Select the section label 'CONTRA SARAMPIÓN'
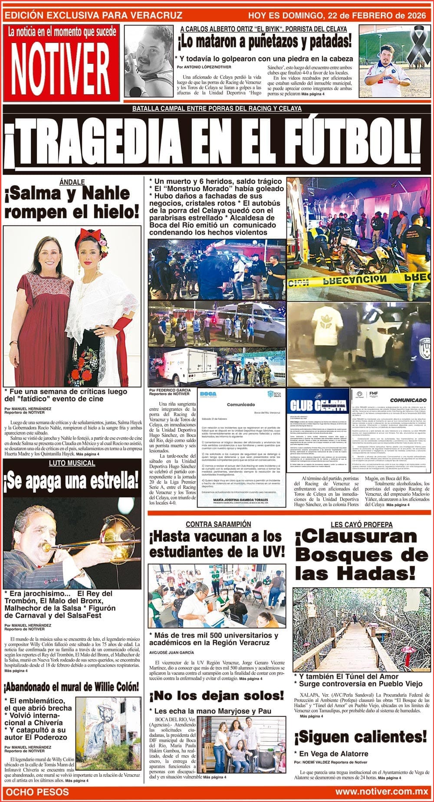218,524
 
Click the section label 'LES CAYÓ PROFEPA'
355,524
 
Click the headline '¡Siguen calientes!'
360,737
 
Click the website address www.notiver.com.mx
381,792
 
